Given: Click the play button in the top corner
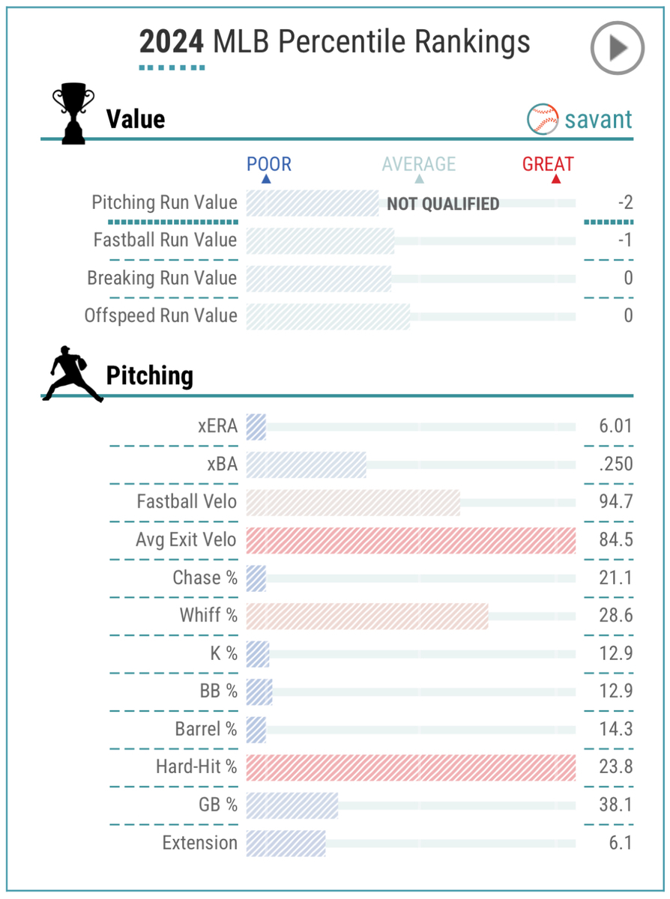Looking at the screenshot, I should point(617,48).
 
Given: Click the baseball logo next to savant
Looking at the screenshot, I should point(543,119).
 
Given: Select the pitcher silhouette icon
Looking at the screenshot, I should point(73,374).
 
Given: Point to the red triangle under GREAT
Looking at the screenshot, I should point(555,180).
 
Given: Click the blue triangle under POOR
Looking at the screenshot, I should point(266,180).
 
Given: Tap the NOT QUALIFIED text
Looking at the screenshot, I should point(443,204).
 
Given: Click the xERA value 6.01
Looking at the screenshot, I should point(616,426).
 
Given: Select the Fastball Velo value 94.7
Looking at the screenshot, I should point(616,502).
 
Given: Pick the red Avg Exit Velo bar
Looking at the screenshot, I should point(411,540).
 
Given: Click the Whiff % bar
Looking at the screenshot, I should point(367,616).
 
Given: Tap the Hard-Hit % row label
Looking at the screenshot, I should point(196,766).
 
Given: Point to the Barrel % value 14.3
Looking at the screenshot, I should point(616,729).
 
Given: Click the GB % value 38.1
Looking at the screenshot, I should point(616,805).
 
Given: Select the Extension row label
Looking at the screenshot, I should point(199,843).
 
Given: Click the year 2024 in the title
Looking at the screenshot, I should point(172,43).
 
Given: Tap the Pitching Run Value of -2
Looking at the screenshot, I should point(621,202).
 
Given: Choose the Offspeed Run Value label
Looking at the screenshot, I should point(160,315).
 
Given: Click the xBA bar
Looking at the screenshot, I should point(306,464).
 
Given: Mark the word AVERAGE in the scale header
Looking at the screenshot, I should point(419,164).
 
